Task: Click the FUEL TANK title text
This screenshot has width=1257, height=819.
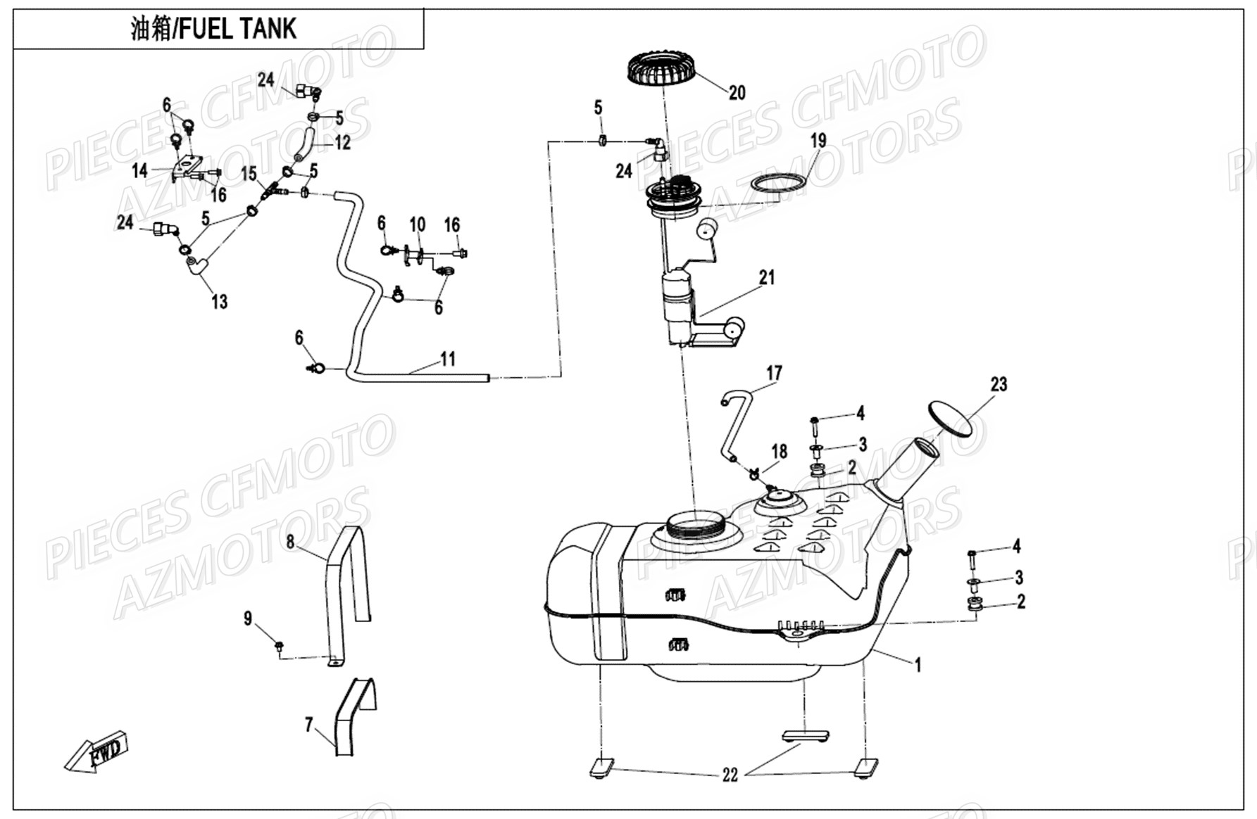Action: (x=214, y=29)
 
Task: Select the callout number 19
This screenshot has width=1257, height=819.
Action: (x=818, y=141)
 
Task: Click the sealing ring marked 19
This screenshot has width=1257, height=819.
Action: (x=778, y=182)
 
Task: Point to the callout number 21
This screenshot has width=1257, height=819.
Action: (x=767, y=277)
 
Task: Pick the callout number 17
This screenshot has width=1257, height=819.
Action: (x=774, y=373)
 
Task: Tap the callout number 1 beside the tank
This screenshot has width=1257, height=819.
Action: (x=918, y=664)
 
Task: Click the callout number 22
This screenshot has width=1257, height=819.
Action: (x=730, y=775)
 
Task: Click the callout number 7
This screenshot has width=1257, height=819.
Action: (x=308, y=725)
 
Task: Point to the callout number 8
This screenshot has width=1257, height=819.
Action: (x=290, y=542)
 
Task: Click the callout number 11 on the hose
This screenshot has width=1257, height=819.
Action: (x=448, y=360)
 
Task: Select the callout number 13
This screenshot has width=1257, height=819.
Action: (x=220, y=302)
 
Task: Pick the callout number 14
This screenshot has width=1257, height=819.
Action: (x=139, y=170)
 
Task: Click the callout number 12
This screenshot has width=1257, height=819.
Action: (x=343, y=143)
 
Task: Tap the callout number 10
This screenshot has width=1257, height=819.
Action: (x=418, y=224)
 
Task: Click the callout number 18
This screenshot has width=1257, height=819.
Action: (x=779, y=451)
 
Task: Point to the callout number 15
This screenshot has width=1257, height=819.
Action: (x=249, y=173)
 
